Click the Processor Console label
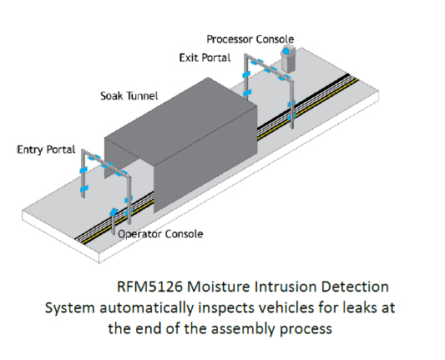pos(250,39)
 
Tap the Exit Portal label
pos(205,58)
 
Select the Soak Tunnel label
pos(129,96)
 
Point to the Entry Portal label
pos(46,150)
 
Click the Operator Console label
pos(160,234)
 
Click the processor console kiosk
pos(288,59)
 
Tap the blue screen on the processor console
pos(286,51)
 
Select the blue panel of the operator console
pos(114,211)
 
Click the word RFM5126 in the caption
pos(149,286)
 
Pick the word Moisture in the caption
pos(219,286)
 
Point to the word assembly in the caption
pos(243,329)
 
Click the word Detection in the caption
pos(355,286)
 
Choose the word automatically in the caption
pos(146,308)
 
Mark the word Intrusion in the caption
pos(286,286)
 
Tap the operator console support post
pos(113,226)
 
